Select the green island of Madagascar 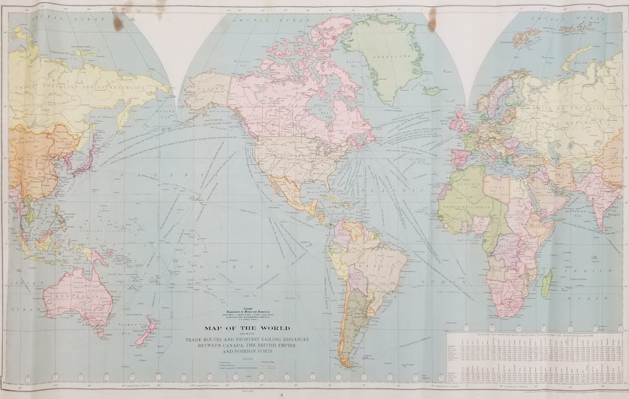547,283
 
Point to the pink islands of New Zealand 145,333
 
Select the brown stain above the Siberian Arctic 117,21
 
